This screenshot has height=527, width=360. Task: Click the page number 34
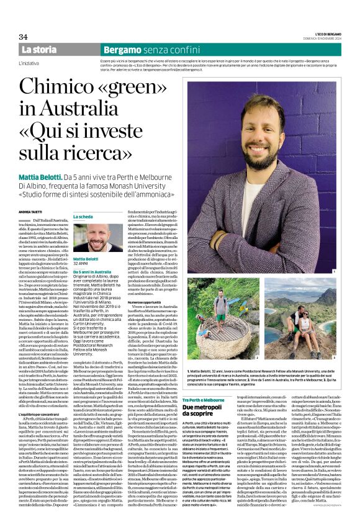pos(23,37)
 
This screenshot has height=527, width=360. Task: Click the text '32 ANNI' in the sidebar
pos(81,264)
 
